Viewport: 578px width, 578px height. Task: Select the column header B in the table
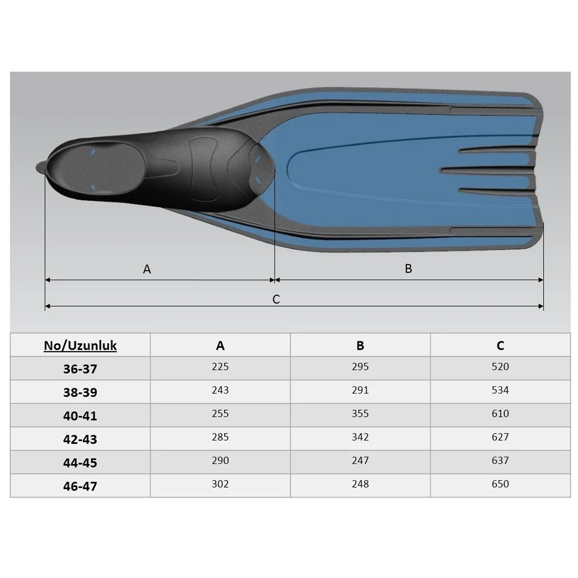[360, 346]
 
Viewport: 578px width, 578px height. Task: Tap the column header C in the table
[500, 346]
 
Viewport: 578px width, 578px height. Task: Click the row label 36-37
[80, 369]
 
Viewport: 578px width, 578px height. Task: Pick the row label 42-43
[80, 439]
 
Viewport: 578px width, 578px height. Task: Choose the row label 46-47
[80, 486]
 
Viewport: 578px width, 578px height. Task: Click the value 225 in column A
[220, 366]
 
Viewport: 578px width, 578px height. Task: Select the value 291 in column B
[360, 390]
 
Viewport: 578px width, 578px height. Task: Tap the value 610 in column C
[500, 413]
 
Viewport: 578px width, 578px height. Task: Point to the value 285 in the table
[220, 437]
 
